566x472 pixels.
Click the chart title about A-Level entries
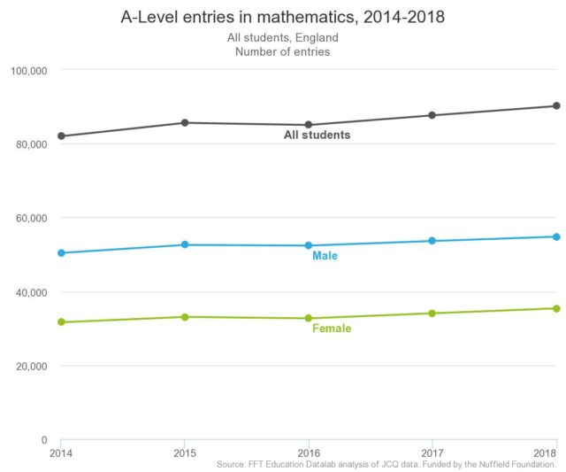(282, 18)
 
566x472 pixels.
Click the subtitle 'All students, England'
(282, 38)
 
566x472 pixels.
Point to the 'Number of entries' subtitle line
(282, 52)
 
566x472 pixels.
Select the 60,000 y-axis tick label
(28, 218)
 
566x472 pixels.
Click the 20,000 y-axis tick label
(28, 366)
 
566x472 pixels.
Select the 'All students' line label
(317, 135)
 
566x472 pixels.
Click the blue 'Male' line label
(325, 256)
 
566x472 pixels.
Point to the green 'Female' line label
(332, 329)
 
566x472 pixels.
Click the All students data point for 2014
(61, 136)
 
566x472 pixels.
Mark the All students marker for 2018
(556, 106)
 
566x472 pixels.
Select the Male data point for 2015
(184, 244)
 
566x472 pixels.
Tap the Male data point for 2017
(432, 241)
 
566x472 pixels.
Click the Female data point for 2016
(308, 318)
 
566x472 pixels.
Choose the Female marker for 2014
(61, 322)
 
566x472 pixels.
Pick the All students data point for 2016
(308, 125)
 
